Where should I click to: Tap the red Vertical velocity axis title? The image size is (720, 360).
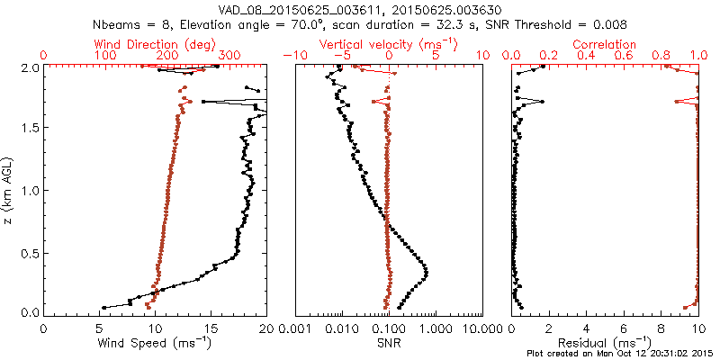tap(389, 44)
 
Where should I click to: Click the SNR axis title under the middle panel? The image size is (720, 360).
tap(390, 343)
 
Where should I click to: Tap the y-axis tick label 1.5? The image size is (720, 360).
tap(31, 129)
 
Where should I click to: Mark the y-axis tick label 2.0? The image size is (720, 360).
tap(31, 67)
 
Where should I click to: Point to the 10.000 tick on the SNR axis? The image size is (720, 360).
tap(481, 329)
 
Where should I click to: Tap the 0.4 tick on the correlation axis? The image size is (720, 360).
tap(586, 56)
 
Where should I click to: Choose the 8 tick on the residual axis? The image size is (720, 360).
tap(661, 329)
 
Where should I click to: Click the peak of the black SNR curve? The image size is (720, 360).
tap(426, 273)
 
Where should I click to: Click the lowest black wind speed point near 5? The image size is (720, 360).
tap(103, 307)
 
